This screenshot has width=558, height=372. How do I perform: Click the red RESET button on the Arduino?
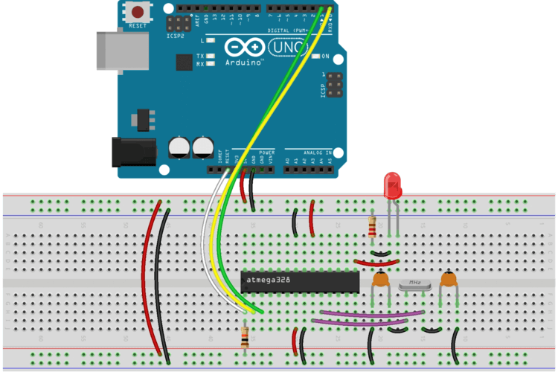click(138, 12)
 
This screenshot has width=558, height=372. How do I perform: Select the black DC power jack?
click(132, 153)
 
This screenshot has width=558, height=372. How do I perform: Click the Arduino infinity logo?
click(246, 48)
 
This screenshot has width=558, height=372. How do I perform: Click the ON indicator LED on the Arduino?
click(315, 57)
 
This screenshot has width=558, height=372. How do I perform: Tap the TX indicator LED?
click(211, 57)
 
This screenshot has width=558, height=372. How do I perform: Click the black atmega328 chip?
click(301, 280)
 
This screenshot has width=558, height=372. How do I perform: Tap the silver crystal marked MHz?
click(414, 284)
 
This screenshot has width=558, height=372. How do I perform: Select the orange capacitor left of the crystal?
click(381, 280)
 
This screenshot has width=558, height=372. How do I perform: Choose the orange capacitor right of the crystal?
click(448, 280)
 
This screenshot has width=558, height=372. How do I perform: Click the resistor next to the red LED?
click(372, 225)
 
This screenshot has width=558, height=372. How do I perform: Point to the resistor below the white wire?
click(245, 338)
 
